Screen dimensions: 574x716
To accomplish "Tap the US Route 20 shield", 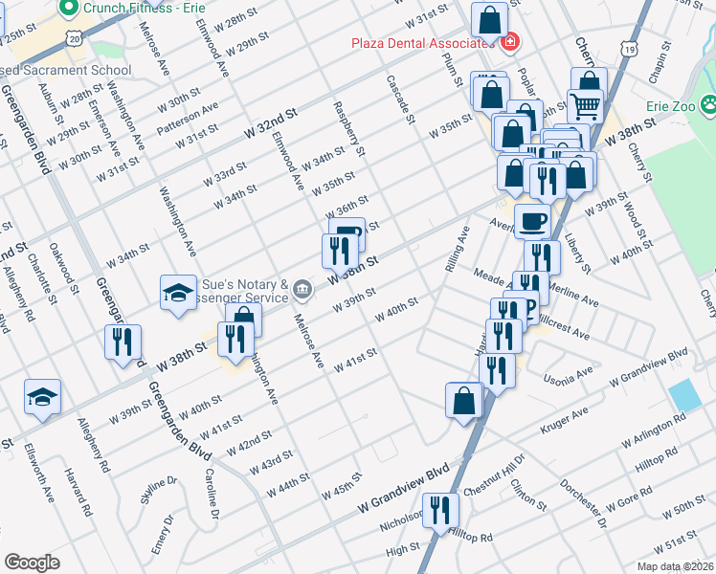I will coord(75,36).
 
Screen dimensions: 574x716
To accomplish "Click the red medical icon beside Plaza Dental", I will coord(509,43).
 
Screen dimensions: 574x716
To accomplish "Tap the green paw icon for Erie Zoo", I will coord(709,104).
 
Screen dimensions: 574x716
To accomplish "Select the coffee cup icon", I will coord(532,221).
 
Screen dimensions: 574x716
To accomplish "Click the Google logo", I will coord(32,563).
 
